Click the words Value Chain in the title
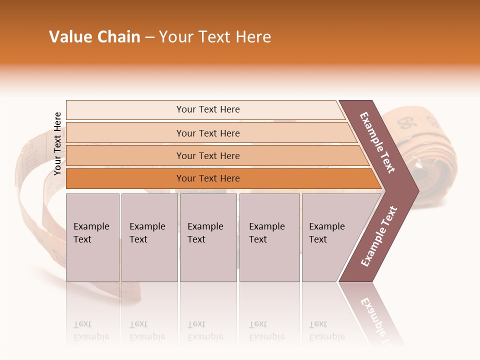coord(94,37)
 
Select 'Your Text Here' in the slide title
coord(215,37)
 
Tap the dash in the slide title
coord(149,37)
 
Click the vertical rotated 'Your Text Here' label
coord(57,143)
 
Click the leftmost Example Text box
coord(92,237)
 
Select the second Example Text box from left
coord(149,237)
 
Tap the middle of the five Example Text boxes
coord(208,237)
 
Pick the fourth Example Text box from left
coord(269,237)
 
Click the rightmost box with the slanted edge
coord(330,237)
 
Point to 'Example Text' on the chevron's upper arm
coord(377,142)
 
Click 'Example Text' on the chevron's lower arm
coord(379,236)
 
